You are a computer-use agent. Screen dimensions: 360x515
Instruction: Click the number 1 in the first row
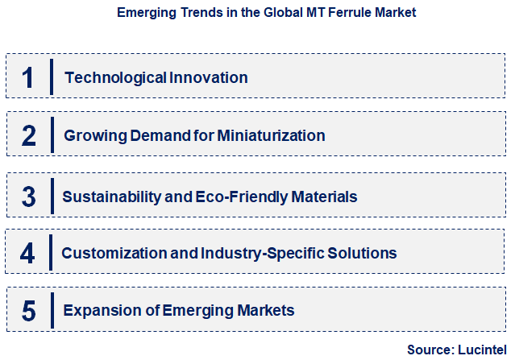tap(29, 78)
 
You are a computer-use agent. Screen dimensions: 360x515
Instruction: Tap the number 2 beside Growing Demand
tap(29, 135)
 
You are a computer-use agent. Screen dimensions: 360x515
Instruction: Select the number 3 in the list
tap(29, 196)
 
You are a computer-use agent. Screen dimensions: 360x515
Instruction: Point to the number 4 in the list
tap(29, 253)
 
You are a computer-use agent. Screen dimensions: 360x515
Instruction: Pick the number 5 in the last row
tap(29, 311)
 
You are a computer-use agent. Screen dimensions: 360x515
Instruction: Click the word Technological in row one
tap(115, 78)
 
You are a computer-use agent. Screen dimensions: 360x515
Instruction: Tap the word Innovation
tap(209, 78)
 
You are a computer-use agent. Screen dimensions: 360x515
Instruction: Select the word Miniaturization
tap(270, 135)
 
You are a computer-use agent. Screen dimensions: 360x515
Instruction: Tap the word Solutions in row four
tap(362, 253)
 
